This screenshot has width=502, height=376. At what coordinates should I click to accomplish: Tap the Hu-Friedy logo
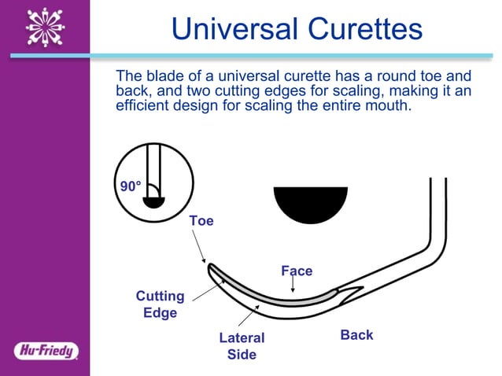coord(45,351)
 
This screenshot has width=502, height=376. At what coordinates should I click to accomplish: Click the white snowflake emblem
coord(45,28)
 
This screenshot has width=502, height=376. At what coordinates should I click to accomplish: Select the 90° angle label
coord(130,186)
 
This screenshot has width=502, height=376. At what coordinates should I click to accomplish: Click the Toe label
coord(201,221)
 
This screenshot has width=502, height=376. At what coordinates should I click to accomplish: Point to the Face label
coord(297,271)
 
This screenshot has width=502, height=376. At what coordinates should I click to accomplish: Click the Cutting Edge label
coord(160,304)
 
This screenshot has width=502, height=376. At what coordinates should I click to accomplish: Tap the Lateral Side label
coord(242,346)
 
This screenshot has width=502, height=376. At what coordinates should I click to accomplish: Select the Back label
coord(356,335)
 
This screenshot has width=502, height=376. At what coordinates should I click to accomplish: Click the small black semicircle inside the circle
coord(154,200)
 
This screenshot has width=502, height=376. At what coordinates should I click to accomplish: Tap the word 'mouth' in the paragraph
coord(388,105)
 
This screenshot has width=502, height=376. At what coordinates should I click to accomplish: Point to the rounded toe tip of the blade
coord(211,268)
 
